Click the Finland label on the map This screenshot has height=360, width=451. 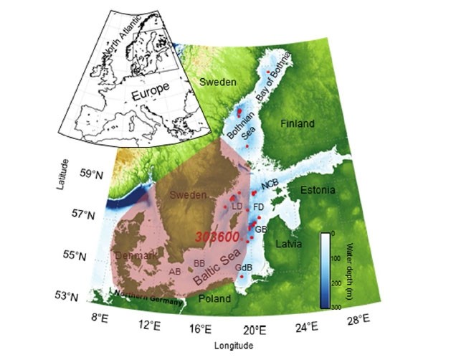[x=297, y=124]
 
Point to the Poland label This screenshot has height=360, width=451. [x=214, y=298]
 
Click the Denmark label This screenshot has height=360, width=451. [x=135, y=255]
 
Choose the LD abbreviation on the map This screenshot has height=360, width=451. [x=237, y=207]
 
